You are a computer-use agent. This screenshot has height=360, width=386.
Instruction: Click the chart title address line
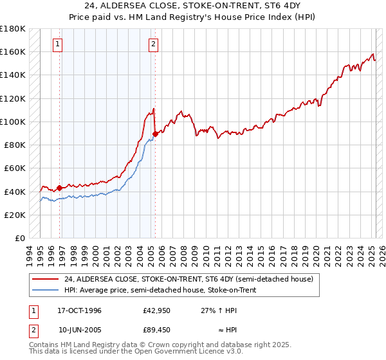click(192, 7)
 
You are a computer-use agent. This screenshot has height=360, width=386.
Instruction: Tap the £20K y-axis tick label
click(15, 215)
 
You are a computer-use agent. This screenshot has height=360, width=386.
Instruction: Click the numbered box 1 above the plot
click(59, 44)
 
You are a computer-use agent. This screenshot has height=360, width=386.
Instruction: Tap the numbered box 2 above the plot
click(154, 44)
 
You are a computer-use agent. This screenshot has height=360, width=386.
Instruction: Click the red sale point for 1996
click(60, 188)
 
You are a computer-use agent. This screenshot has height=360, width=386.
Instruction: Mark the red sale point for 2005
click(155, 134)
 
